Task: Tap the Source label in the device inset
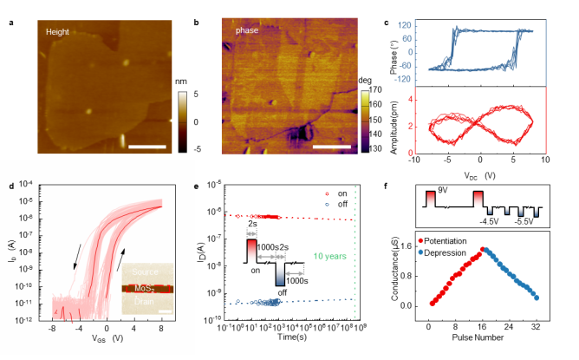click(147, 271)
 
